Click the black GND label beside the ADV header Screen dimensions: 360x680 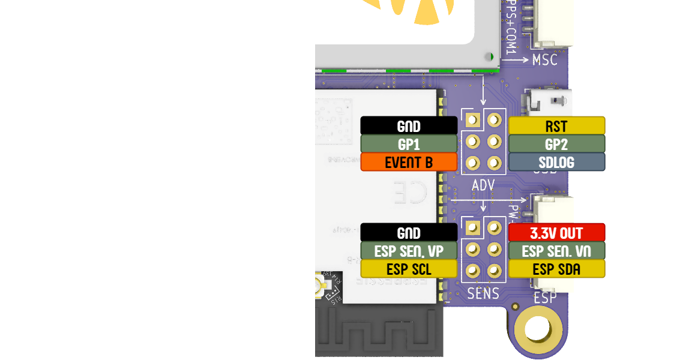[409, 126]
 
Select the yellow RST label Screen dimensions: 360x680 [557, 126]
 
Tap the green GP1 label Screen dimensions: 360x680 [409, 144]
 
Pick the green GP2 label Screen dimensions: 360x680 [557, 144]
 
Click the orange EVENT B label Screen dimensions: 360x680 [409, 162]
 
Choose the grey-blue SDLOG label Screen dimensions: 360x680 [557, 162]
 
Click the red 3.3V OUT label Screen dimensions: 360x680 [557, 233]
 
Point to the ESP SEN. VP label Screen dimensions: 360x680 [409, 251]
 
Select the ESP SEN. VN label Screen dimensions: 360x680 [557, 251]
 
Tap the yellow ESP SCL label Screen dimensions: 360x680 [409, 269]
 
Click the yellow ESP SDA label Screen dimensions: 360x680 [557, 269]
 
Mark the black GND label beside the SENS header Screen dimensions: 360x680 [409, 233]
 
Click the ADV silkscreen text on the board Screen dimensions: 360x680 [483, 185]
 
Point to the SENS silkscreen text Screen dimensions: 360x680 [483, 293]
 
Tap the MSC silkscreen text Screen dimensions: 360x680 [544, 61]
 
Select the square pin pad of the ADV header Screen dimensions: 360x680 [472, 120]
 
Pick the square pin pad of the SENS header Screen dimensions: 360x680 [472, 227]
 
